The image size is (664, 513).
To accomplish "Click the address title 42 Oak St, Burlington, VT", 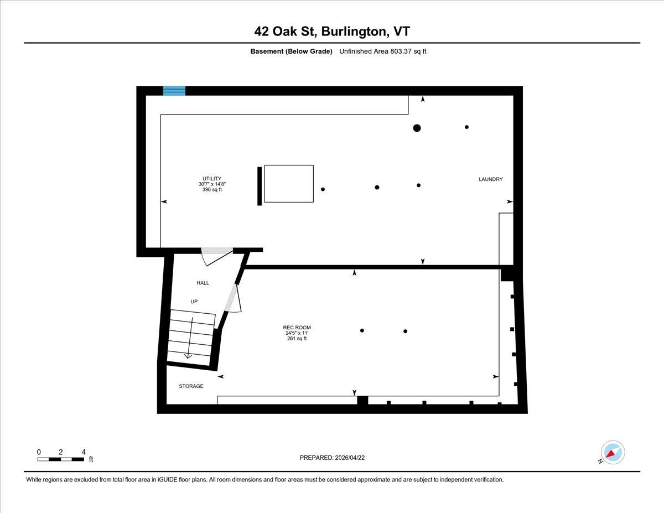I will click(332, 31).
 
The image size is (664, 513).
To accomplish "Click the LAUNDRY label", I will click(490, 179).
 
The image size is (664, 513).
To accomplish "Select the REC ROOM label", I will click(297, 327).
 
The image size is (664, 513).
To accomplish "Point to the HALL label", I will click(203, 283).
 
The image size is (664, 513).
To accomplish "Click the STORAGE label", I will click(191, 386).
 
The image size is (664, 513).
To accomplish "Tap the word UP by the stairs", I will click(194, 302).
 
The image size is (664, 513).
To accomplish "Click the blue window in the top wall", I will click(174, 91).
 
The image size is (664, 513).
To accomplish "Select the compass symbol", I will click(612, 453).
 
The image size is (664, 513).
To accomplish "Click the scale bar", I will click(61, 459).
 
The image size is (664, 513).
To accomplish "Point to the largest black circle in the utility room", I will click(417, 128).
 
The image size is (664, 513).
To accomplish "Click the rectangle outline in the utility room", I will click(288, 184).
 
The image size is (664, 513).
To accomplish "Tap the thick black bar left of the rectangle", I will click(260, 186).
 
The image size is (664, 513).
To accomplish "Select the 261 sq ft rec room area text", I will click(297, 338).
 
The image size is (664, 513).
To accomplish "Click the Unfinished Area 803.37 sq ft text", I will click(382, 51).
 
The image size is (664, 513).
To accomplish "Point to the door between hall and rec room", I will click(234, 299).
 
